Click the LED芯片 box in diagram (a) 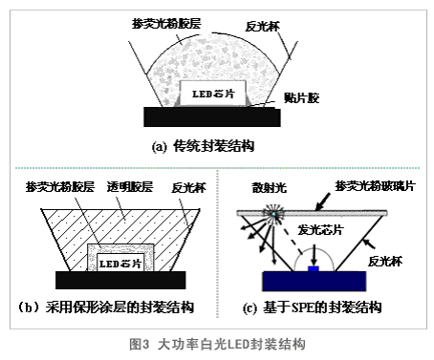coord(212,94)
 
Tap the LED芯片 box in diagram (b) coord(120,263)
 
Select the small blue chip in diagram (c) coord(314,269)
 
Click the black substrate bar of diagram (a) coord(212,116)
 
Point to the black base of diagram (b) coord(120,280)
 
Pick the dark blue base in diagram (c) coord(314,281)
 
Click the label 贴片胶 coord(301,97)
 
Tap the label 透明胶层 coord(130,186)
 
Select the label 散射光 coord(270,187)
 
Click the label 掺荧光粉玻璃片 coord(375,185)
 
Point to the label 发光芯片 coord(320,229)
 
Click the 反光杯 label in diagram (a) coord(263,26)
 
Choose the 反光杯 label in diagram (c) coord(385,261)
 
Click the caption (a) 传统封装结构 coord(203,147)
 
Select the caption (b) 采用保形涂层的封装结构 coord(106,307)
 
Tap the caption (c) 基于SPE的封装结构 coord(313,307)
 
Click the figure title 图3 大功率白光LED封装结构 coord(217,344)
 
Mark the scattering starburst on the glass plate coord(273,213)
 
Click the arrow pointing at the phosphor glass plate coord(323,201)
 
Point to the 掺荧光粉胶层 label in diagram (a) coord(166,23)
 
